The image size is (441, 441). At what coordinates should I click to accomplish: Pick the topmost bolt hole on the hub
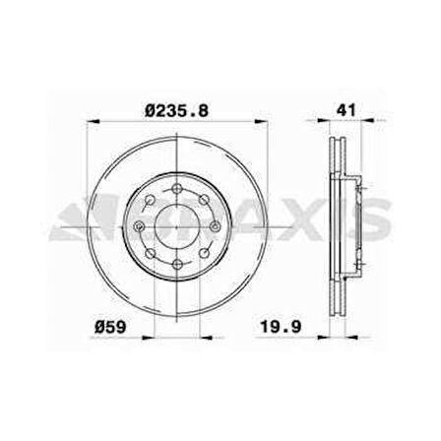point(178,186)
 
